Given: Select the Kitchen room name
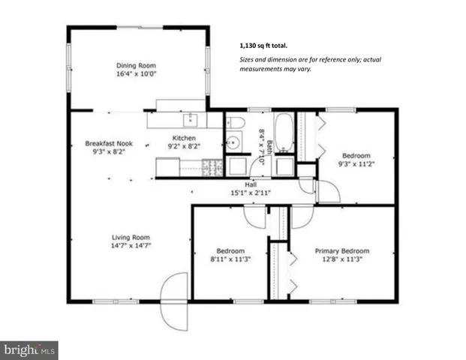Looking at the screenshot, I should coord(184,139).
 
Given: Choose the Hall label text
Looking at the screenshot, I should coord(251,184).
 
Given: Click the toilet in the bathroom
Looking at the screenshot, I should coord(234,122).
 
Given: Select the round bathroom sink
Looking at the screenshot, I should coord(232,142).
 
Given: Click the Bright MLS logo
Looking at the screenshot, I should coord(30,349).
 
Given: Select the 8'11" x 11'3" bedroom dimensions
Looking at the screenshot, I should coord(230,260).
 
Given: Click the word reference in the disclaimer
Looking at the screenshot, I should coord(323,59).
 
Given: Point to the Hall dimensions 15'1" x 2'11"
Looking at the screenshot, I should coord(251,193).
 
